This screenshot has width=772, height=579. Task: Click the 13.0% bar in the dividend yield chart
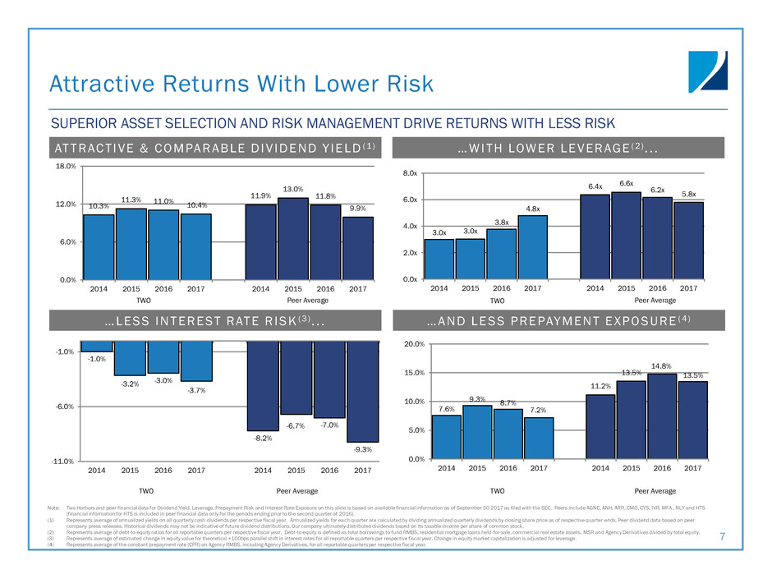pos(294,238)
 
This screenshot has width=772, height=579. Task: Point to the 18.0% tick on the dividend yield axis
pos(66,166)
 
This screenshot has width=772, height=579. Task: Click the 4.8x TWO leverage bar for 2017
pos(532,247)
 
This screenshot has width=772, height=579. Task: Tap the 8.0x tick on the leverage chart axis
pos(408,174)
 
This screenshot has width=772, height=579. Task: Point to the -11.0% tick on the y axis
pos(63,462)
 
